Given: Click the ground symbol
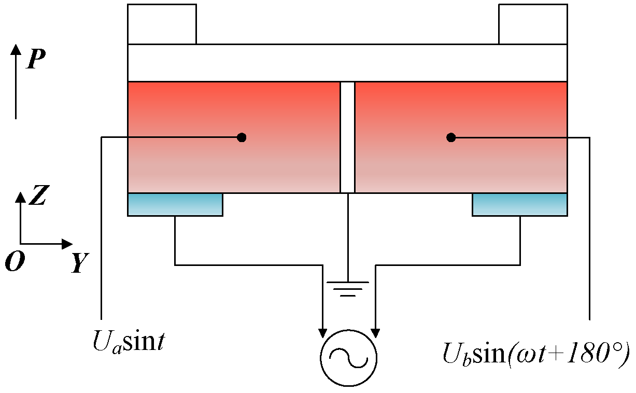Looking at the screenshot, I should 348,288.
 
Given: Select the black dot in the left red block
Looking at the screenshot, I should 241,137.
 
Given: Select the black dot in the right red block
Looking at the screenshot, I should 451,137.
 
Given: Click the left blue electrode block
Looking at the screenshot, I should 175,204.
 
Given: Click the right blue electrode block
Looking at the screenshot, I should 519,204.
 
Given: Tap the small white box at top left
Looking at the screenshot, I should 162,24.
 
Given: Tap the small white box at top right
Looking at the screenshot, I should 533,24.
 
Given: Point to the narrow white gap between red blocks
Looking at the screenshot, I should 347,137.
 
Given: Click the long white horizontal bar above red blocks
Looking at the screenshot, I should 347,63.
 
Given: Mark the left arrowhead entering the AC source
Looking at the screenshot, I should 323,331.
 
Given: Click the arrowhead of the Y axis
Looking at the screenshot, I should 67,243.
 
